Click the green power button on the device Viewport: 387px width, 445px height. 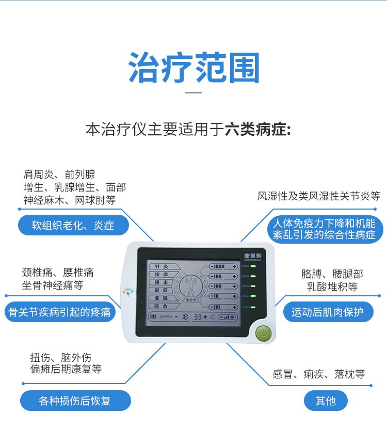coord(263,333)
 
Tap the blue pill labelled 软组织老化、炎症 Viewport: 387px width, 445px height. coord(73,226)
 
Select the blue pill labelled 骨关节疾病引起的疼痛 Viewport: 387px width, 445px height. coord(60,312)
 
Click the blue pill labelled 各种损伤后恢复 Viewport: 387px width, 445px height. coord(75,401)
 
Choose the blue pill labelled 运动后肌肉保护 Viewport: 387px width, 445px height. coord(328,312)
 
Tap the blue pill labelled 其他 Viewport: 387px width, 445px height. coord(326,401)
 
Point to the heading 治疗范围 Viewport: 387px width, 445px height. coord(193,68)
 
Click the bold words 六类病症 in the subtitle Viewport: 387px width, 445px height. coord(257,129)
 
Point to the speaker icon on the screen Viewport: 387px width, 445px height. coord(211,316)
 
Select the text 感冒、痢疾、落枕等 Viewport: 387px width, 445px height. coord(318,374)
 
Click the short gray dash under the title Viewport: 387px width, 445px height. coord(193,92)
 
